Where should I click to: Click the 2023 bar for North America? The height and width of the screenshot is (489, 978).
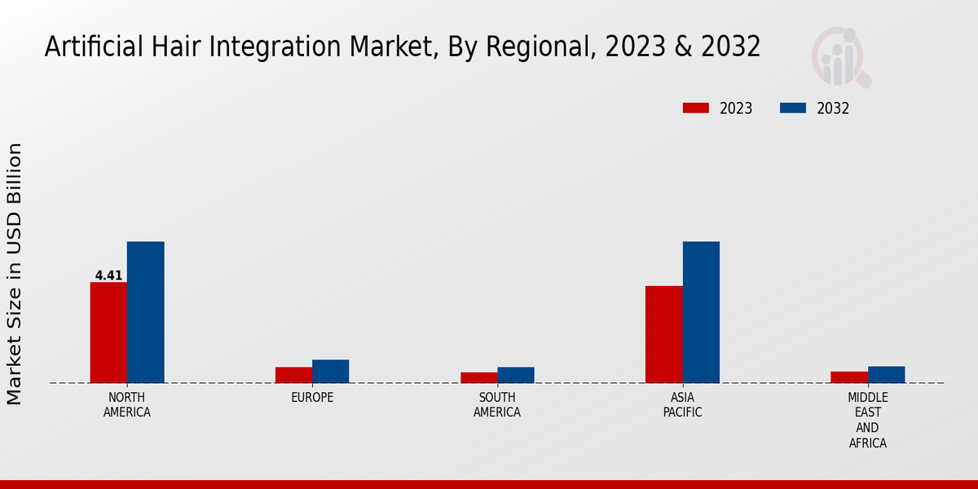(x=108, y=333)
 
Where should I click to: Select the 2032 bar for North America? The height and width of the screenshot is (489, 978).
(x=145, y=312)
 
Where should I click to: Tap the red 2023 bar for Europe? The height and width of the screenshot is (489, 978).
(x=293, y=375)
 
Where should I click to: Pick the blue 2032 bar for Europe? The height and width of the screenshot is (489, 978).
(x=330, y=371)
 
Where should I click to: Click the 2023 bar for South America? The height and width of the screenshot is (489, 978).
(x=478, y=377)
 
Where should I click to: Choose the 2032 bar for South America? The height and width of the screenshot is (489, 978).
(x=516, y=375)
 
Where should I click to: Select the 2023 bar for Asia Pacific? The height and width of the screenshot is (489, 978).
(x=663, y=334)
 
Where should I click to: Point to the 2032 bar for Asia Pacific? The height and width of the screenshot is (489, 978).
(x=701, y=312)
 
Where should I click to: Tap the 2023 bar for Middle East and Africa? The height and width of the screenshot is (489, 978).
(x=848, y=377)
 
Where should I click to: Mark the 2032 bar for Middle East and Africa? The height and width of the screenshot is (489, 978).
(x=886, y=374)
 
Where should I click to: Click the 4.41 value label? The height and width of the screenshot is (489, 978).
(x=108, y=275)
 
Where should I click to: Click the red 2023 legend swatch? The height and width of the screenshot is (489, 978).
(x=696, y=108)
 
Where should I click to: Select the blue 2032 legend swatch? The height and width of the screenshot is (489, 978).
(x=793, y=108)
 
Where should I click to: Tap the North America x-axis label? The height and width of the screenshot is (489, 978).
(x=126, y=405)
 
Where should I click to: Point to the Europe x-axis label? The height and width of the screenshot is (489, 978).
(x=312, y=398)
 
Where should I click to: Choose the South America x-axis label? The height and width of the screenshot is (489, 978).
(x=497, y=405)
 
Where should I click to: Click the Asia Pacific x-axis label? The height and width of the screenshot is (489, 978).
(x=682, y=405)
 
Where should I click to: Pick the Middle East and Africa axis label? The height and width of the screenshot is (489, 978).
(x=867, y=420)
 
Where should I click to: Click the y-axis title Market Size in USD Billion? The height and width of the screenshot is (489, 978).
(x=15, y=273)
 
